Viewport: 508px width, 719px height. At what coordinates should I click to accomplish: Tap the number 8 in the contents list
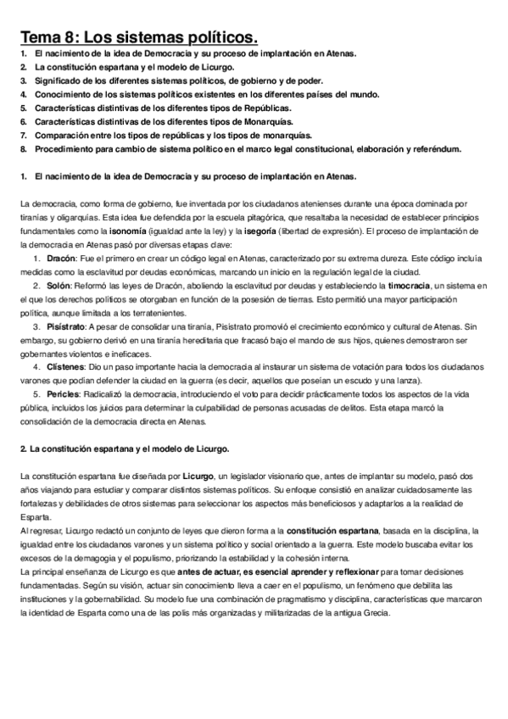[x=24, y=149]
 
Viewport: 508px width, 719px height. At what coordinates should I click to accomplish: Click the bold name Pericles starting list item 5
[x=64, y=396]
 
